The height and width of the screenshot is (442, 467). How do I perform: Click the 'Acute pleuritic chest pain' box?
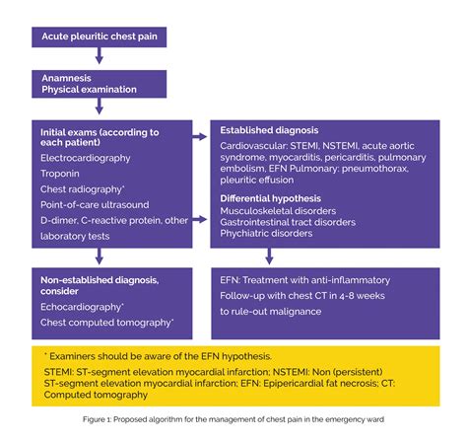(x=99, y=37)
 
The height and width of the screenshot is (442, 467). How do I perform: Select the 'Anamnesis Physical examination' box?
(x=99, y=83)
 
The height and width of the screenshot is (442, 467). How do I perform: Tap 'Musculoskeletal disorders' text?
(x=279, y=211)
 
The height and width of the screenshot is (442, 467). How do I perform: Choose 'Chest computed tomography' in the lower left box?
(x=107, y=322)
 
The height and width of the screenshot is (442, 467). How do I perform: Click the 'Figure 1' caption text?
(x=233, y=419)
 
